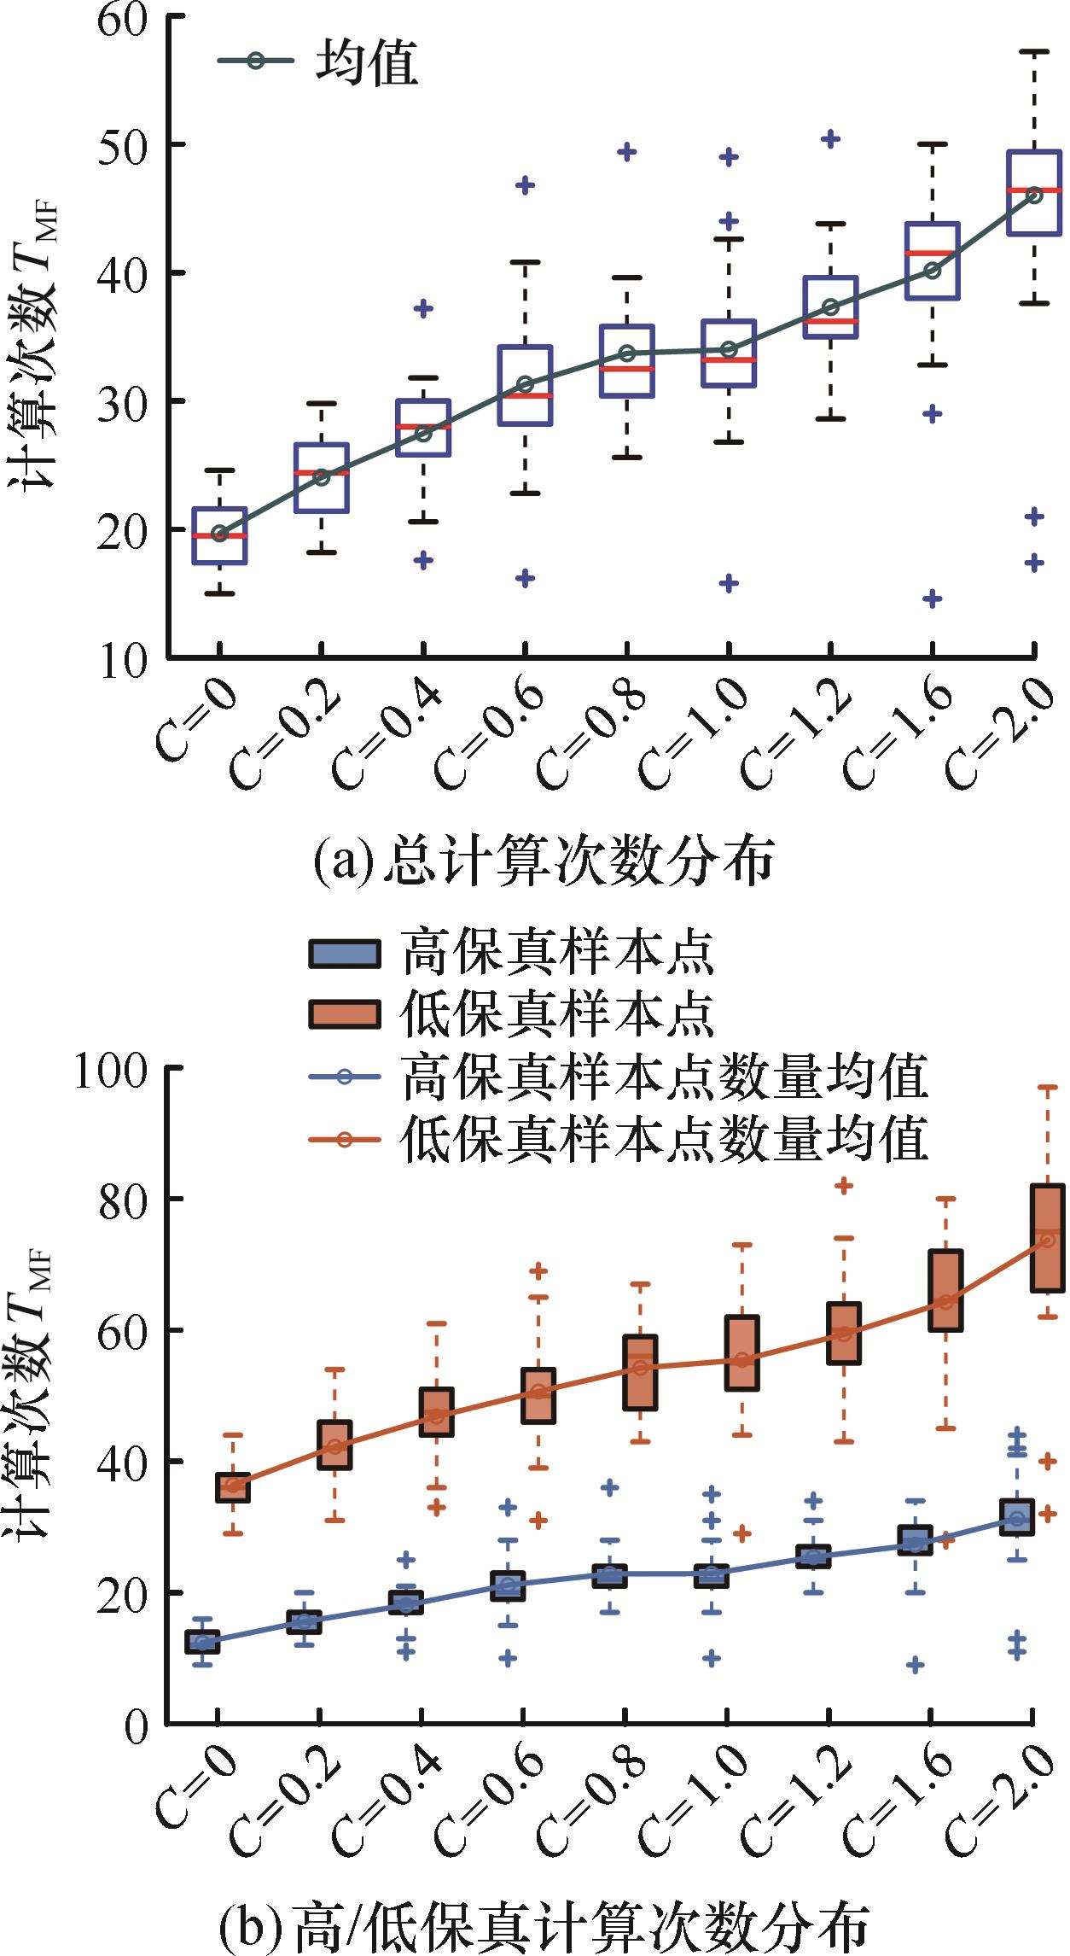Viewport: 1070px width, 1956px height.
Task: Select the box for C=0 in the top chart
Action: click(x=220, y=535)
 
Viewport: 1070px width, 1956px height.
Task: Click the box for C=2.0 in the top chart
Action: click(x=1034, y=193)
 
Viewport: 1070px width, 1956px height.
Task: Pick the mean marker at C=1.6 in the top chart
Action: click(x=933, y=271)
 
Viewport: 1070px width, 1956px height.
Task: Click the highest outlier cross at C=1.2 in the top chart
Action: click(x=830, y=138)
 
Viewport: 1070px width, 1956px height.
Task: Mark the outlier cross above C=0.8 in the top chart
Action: click(x=626, y=152)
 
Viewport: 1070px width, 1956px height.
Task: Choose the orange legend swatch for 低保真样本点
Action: click(x=344, y=1013)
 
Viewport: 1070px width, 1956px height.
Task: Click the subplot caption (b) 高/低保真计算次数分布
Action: click(x=544, y=1926)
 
